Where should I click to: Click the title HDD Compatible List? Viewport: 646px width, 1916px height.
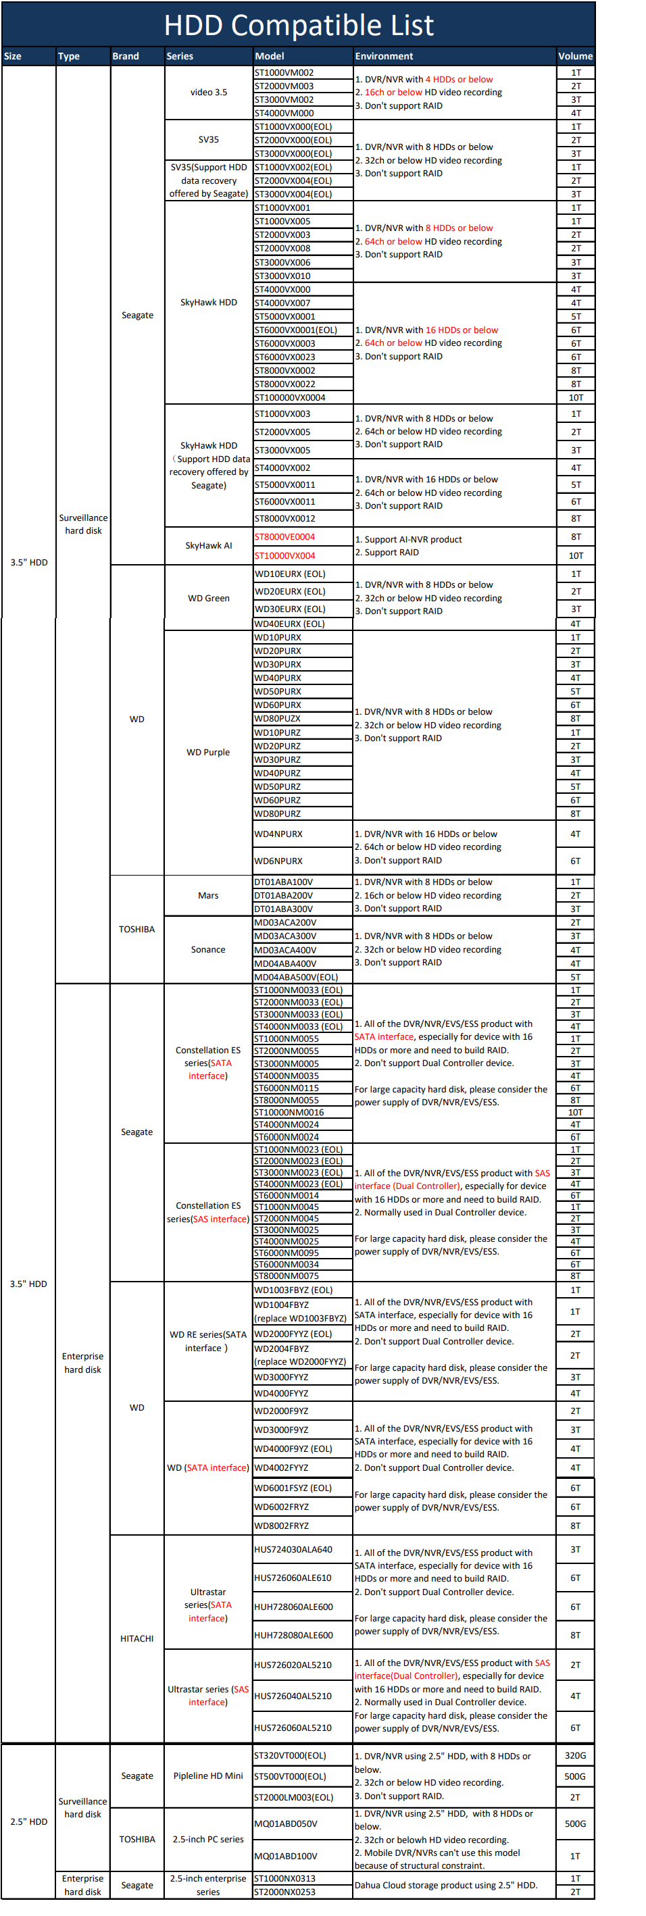point(299,25)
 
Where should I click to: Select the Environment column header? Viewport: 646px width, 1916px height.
point(384,56)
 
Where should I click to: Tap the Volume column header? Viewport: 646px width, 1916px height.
point(575,56)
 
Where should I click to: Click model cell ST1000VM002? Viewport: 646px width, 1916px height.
point(284,73)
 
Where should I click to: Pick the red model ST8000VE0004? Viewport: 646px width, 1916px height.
point(284,536)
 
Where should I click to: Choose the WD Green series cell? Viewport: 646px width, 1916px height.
point(208,598)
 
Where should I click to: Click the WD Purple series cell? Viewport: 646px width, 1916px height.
point(208,752)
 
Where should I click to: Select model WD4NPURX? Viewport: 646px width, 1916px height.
point(278,834)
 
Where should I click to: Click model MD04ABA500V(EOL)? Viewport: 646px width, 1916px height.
point(296,977)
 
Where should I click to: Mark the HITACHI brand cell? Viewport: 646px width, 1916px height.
point(137,1638)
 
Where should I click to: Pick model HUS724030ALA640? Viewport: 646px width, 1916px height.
point(293,1549)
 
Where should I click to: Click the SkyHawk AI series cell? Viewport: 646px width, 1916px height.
point(208,545)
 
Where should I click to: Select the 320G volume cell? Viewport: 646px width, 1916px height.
point(575,1755)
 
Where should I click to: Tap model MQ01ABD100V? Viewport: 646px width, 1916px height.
point(286,1856)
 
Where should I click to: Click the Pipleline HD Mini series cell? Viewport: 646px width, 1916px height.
point(208,1775)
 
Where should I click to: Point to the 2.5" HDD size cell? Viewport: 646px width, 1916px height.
point(29,1821)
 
